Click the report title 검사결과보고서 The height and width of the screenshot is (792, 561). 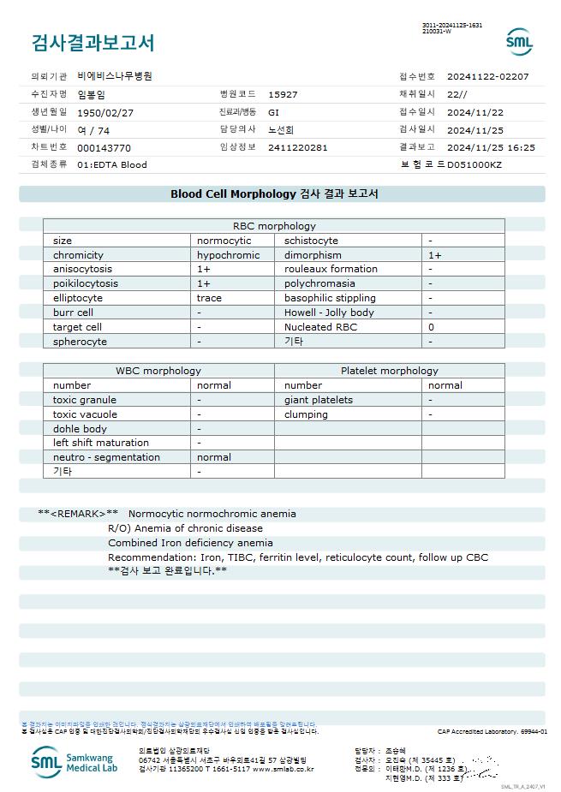[x=93, y=43]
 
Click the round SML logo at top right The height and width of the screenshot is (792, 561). [x=519, y=42]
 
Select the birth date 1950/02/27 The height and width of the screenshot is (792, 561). [x=105, y=112]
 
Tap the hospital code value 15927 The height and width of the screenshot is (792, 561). [x=283, y=94]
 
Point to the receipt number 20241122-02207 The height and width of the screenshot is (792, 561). [x=487, y=76]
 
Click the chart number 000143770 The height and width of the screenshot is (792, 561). [x=104, y=147]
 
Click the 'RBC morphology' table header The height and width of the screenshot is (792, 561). [x=274, y=226]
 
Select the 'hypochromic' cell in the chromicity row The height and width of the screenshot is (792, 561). [x=228, y=255]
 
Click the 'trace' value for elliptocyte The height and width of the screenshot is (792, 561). [x=209, y=298]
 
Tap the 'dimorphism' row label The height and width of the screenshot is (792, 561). [x=313, y=255]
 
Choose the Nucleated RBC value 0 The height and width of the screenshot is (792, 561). [x=431, y=327]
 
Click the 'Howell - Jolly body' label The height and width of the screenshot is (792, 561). [x=329, y=313]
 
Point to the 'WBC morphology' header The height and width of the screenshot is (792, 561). [x=158, y=371]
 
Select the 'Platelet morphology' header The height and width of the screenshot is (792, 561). [x=389, y=371]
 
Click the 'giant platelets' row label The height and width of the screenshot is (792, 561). [x=319, y=400]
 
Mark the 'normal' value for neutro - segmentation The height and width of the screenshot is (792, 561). [x=213, y=457]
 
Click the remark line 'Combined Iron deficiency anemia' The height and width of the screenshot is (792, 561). [x=190, y=543]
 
